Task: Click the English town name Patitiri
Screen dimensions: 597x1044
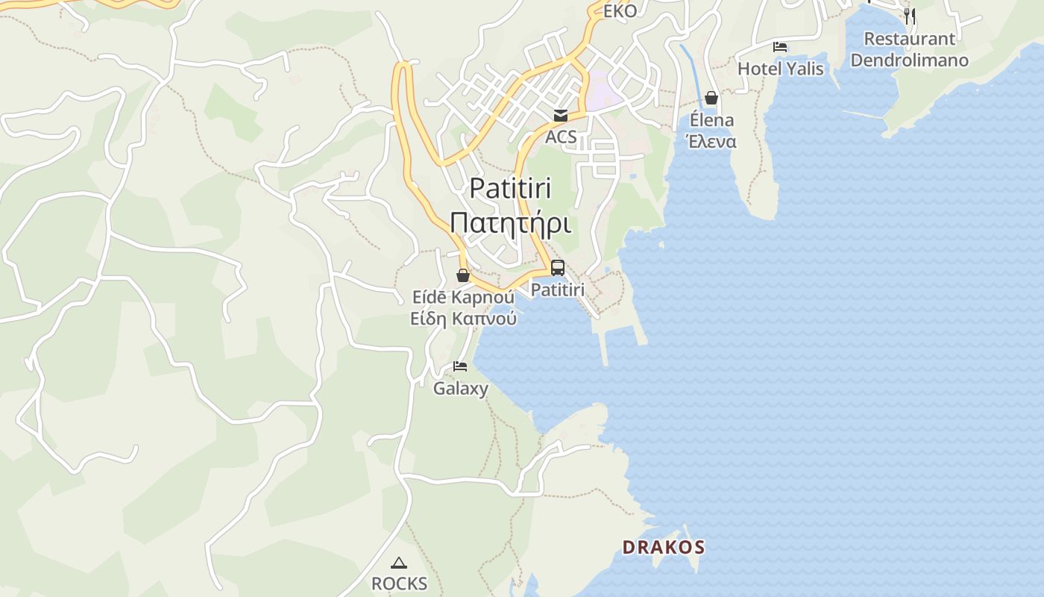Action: tap(511, 189)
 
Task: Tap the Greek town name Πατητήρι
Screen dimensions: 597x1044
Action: tap(511, 222)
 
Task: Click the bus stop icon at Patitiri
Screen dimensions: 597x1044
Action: tap(558, 268)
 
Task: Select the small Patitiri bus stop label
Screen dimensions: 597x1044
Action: tap(558, 289)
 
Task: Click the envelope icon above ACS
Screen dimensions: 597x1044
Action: tap(560, 115)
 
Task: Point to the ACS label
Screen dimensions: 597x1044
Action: tap(561, 137)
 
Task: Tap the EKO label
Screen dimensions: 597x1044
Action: tap(620, 11)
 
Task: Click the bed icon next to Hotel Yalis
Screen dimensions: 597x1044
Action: tap(780, 47)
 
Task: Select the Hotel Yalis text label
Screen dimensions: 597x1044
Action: tap(780, 69)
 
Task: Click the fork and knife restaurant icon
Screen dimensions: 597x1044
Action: tap(909, 16)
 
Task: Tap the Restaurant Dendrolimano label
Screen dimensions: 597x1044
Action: tap(909, 49)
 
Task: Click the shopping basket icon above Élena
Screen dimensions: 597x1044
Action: tap(711, 98)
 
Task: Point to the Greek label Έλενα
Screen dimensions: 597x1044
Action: tap(711, 141)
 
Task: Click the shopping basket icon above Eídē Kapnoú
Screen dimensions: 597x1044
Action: tap(463, 275)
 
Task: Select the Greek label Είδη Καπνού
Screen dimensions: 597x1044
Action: tap(463, 319)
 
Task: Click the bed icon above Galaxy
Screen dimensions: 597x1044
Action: tap(460, 366)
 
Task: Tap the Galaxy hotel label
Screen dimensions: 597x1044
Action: tap(461, 388)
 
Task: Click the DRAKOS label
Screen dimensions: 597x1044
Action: tap(663, 547)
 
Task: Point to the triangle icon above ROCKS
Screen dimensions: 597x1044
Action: tap(399, 563)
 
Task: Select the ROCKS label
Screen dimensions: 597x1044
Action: tap(399, 584)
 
